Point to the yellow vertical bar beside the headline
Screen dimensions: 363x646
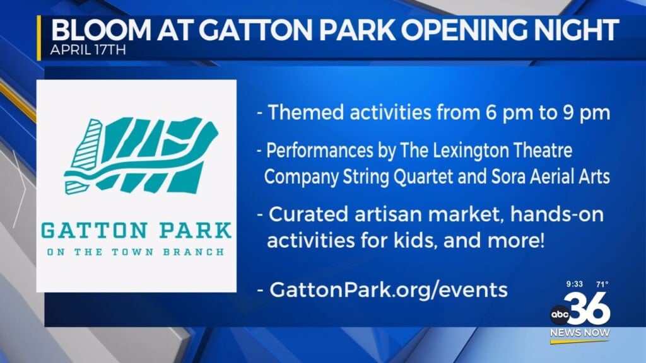point(39,38)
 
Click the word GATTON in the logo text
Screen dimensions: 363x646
point(89,230)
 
